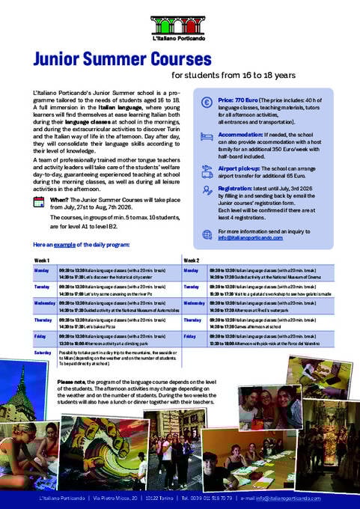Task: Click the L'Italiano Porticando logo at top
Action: coord(180,28)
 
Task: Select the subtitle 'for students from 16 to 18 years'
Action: coord(234,76)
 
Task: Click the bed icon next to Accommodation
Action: coord(207,137)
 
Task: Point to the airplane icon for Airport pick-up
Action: coord(207,171)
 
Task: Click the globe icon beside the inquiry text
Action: coord(207,234)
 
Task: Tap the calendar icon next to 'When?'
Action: coord(39,202)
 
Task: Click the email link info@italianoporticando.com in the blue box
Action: coord(251,238)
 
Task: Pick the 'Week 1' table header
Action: coord(42,260)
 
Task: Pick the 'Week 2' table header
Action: coord(191,260)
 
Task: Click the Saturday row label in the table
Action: coord(43,352)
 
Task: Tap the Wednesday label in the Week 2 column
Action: coord(195,302)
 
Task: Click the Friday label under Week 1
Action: coord(41,336)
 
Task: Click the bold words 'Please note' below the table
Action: coord(72,381)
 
